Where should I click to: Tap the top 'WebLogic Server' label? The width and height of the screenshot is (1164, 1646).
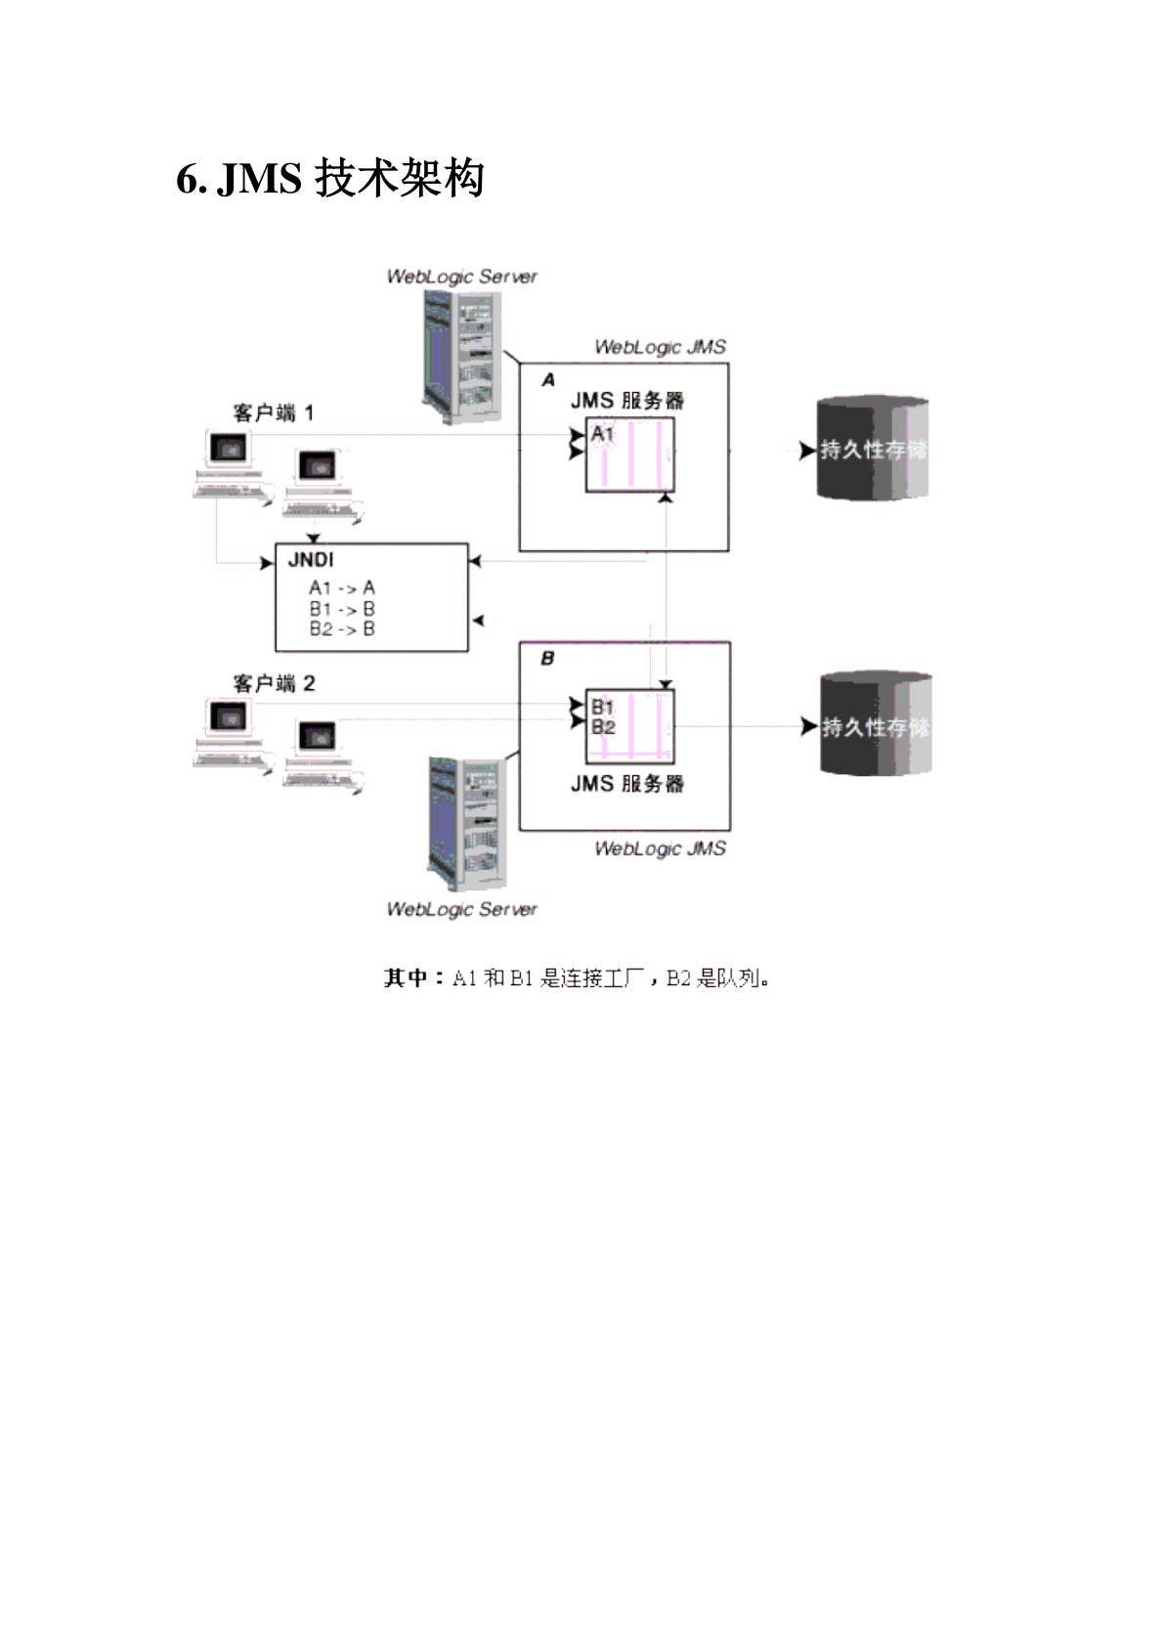click(x=461, y=277)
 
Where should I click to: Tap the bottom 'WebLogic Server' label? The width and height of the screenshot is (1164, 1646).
click(x=461, y=909)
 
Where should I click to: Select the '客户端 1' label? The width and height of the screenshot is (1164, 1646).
click(x=273, y=413)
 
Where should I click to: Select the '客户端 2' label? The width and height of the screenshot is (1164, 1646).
click(x=273, y=683)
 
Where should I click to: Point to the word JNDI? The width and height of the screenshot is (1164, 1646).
click(x=311, y=560)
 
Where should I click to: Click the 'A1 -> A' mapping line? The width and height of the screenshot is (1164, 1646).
click(x=341, y=587)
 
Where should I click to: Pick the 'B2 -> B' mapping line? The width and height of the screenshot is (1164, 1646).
click(x=341, y=629)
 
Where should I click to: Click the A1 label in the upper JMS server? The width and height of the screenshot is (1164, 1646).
click(x=602, y=433)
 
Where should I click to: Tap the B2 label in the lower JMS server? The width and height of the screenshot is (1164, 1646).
click(x=603, y=727)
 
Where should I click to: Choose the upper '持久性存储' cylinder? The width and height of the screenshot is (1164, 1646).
click(x=872, y=449)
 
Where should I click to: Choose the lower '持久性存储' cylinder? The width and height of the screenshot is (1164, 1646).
click(x=875, y=725)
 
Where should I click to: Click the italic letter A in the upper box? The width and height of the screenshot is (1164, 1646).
click(x=548, y=379)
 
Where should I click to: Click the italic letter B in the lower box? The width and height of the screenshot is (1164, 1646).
click(x=547, y=659)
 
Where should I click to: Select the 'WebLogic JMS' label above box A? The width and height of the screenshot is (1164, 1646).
click(x=660, y=347)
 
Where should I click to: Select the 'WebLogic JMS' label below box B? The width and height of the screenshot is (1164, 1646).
click(x=660, y=848)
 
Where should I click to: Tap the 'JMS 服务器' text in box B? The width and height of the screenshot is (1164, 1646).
click(x=626, y=784)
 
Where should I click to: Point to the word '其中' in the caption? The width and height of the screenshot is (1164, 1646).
click(x=405, y=977)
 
